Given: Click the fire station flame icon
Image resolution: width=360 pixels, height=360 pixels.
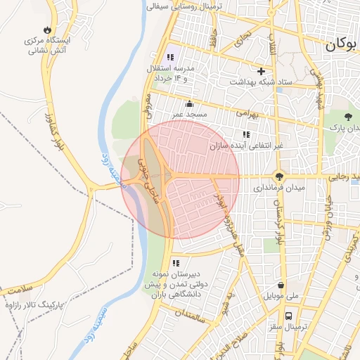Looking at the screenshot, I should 47,30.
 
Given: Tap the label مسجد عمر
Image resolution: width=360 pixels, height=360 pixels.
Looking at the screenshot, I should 189,114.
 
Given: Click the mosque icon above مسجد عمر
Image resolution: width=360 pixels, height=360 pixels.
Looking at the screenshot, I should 189,104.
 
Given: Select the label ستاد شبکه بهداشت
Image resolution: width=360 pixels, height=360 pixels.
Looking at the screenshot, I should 264,82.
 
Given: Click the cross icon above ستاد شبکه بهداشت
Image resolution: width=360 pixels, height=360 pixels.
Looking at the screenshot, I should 262,71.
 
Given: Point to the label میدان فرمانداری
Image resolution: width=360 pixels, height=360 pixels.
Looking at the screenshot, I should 280,189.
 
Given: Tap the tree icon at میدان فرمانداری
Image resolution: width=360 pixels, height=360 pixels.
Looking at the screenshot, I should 280,177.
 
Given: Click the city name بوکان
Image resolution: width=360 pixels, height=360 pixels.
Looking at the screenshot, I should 341,44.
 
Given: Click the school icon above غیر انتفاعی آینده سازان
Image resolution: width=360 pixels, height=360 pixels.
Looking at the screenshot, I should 245,134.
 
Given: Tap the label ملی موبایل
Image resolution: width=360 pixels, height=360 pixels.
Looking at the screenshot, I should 281,297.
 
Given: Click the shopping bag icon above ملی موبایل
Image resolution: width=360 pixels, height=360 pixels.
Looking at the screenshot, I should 281,285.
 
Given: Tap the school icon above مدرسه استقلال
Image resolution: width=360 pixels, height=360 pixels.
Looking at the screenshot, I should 170,57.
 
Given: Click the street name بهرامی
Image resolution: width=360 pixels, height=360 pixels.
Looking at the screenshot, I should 247,112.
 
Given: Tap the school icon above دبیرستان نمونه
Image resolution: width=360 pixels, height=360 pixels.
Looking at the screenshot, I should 175,263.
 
